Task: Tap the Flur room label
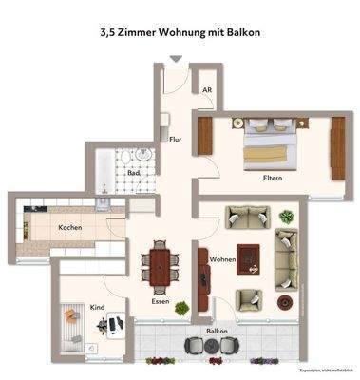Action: click(x=175, y=140)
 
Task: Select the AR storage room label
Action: click(x=205, y=90)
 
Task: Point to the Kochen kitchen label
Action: click(x=69, y=228)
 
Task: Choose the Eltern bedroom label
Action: click(x=274, y=178)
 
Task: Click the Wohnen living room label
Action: click(x=223, y=258)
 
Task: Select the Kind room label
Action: click(x=96, y=307)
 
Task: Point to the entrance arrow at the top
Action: click(x=175, y=59)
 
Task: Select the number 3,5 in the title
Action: click(x=108, y=31)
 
